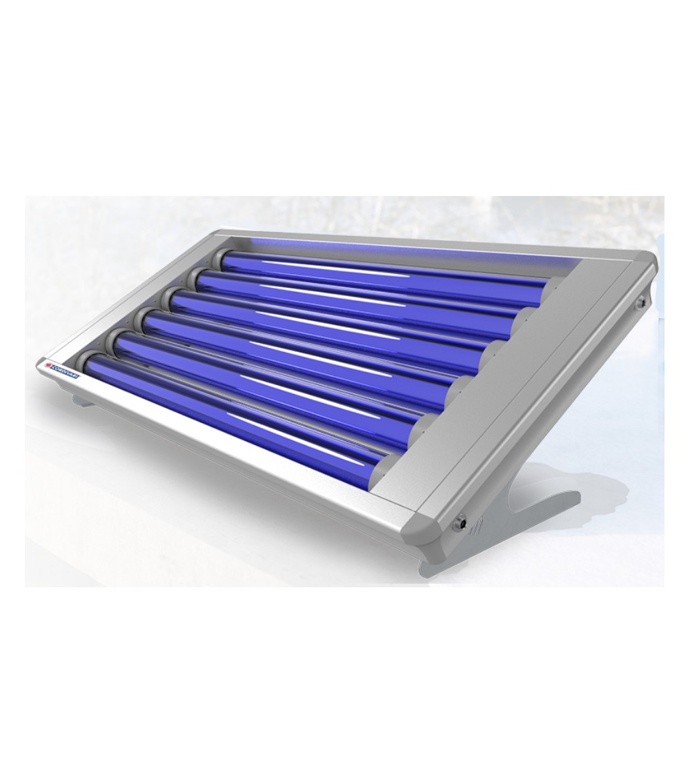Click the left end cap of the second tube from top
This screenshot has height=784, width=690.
click(196, 278)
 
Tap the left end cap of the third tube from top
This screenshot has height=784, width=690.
click(170, 298)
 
